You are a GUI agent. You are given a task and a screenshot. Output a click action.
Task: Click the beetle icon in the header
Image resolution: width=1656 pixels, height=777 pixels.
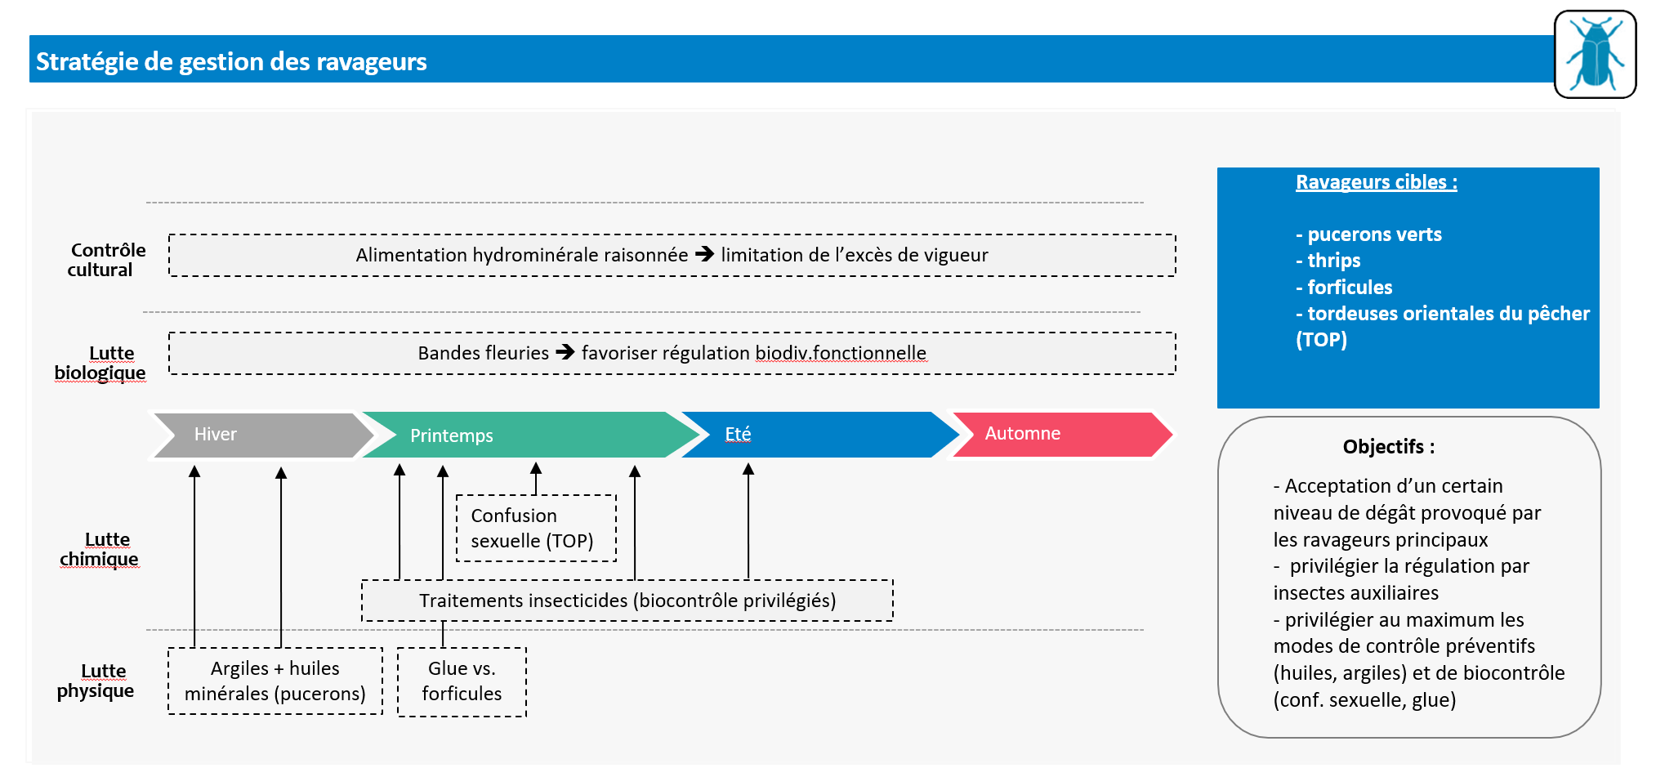pos(1594,55)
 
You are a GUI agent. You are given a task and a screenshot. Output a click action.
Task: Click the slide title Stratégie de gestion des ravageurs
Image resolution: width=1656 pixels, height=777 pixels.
pos(231,61)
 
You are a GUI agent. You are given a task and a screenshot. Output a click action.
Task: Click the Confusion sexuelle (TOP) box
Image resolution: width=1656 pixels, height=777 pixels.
pos(536,528)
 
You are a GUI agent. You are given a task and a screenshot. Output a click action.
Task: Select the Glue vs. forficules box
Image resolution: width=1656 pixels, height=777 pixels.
pos(462,681)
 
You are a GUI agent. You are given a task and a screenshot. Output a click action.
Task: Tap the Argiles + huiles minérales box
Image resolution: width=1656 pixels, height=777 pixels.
pos(275,681)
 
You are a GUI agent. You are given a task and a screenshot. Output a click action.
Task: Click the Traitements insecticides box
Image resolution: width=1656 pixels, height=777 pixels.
pos(627,601)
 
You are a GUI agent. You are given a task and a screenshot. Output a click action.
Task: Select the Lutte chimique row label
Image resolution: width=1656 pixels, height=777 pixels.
pos(100,549)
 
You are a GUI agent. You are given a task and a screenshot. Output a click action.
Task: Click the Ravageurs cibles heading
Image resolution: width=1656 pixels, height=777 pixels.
pos(1376,182)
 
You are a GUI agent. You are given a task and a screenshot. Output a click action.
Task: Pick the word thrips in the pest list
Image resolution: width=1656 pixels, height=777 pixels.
pos(1333,261)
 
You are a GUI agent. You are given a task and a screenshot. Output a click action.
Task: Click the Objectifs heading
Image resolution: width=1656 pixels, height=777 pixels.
pos(1388,447)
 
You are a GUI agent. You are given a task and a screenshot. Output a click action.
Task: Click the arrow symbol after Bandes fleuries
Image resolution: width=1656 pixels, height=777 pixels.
pos(565,352)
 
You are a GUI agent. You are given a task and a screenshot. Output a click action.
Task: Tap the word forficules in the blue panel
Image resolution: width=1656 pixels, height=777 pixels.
pos(1349,288)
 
